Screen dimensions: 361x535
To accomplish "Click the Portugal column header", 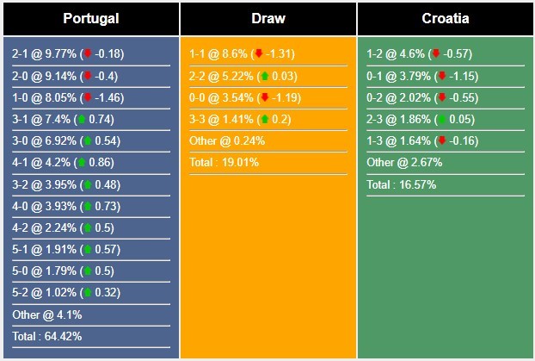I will point(90,18).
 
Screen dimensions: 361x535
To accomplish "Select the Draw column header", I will point(268,18).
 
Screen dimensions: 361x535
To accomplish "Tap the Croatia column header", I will point(445,18).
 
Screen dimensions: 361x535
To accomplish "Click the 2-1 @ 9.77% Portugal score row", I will point(68,53).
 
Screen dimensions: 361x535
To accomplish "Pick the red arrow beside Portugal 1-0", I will point(87,97).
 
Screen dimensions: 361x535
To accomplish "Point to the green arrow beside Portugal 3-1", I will point(81,119).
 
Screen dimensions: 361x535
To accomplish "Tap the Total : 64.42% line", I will point(46,336).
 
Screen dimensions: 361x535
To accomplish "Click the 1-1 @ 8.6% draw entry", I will point(243,53).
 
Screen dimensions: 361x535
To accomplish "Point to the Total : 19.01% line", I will point(224,162).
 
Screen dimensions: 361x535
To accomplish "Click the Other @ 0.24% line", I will point(227,140).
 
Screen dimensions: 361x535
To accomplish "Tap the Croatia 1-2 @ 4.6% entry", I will point(421,53).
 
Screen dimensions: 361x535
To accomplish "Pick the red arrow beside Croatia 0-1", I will point(441,76).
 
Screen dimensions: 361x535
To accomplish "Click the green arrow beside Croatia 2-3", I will point(441,119).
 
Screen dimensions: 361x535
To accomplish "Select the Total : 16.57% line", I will point(401,184).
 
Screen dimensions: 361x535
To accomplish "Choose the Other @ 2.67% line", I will point(403,162).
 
